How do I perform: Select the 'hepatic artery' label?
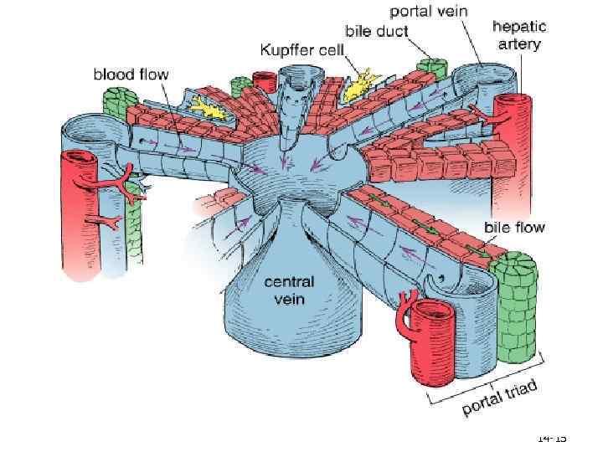[516, 35]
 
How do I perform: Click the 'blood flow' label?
[130, 74]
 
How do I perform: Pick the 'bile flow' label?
[515, 227]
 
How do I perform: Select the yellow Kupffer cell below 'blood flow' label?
[207, 106]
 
